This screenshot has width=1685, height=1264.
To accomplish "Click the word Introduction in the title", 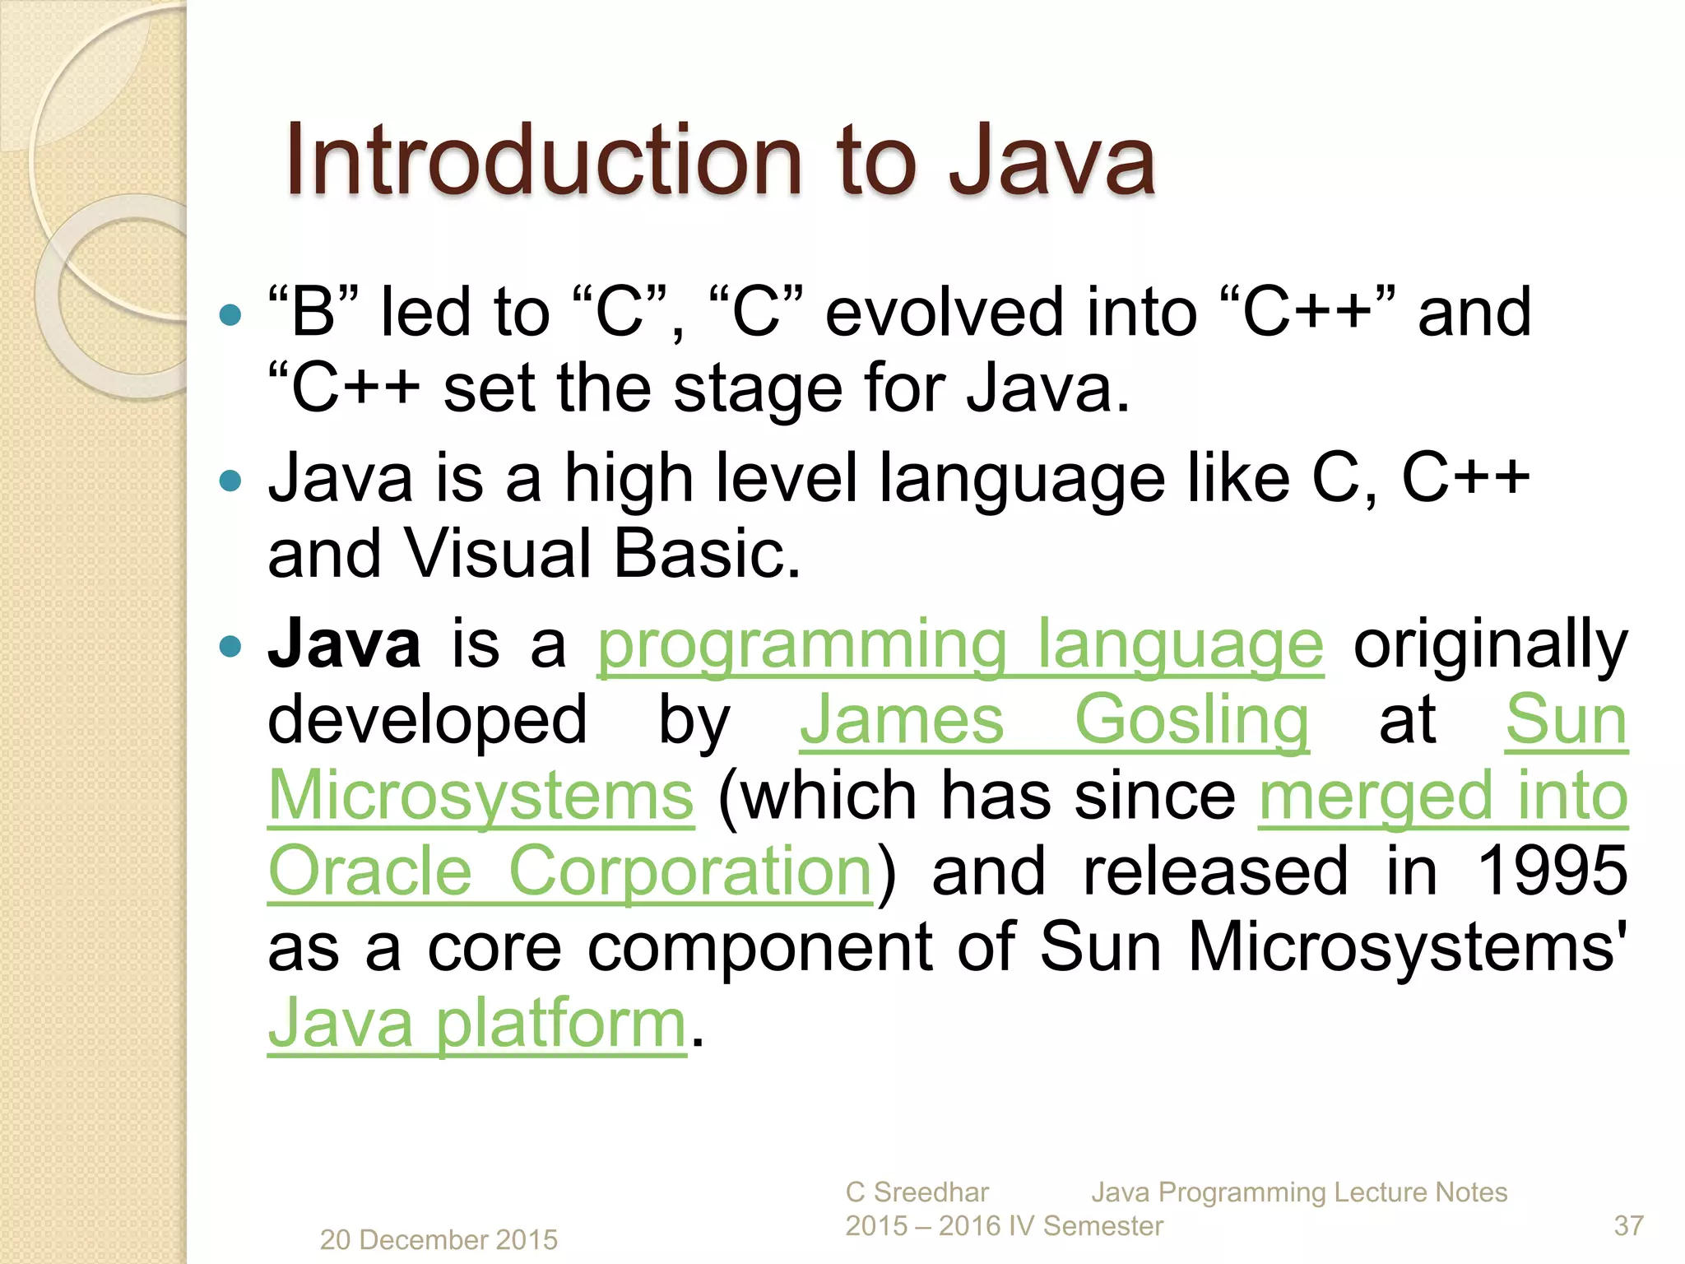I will [543, 160].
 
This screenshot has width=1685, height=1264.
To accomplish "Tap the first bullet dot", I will [231, 314].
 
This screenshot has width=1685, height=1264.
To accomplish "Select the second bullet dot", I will [231, 480].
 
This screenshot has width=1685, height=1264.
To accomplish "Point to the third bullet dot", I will [231, 646].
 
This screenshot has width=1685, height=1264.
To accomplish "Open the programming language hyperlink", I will [960, 645].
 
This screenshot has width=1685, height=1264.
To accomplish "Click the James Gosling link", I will [1054, 721].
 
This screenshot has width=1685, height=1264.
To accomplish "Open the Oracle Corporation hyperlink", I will [569, 872].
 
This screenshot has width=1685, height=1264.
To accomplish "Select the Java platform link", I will [477, 1024].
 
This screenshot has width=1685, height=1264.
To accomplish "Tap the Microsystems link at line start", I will [481, 797].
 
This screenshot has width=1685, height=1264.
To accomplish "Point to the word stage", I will [758, 389].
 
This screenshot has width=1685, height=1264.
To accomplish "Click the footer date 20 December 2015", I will [439, 1239].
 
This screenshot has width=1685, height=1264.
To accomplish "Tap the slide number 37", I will [1628, 1226].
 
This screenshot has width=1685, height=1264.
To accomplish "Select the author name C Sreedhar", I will [917, 1192].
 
